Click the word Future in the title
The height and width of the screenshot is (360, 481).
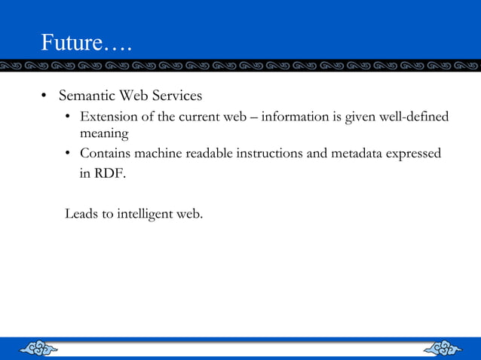click(69, 42)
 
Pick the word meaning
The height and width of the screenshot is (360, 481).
click(105, 133)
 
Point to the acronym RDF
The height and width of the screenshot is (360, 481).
click(112, 172)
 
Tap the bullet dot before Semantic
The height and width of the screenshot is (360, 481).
click(44, 97)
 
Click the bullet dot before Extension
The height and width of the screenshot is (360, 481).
click(68, 117)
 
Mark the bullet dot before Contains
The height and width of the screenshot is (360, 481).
click(68, 154)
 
